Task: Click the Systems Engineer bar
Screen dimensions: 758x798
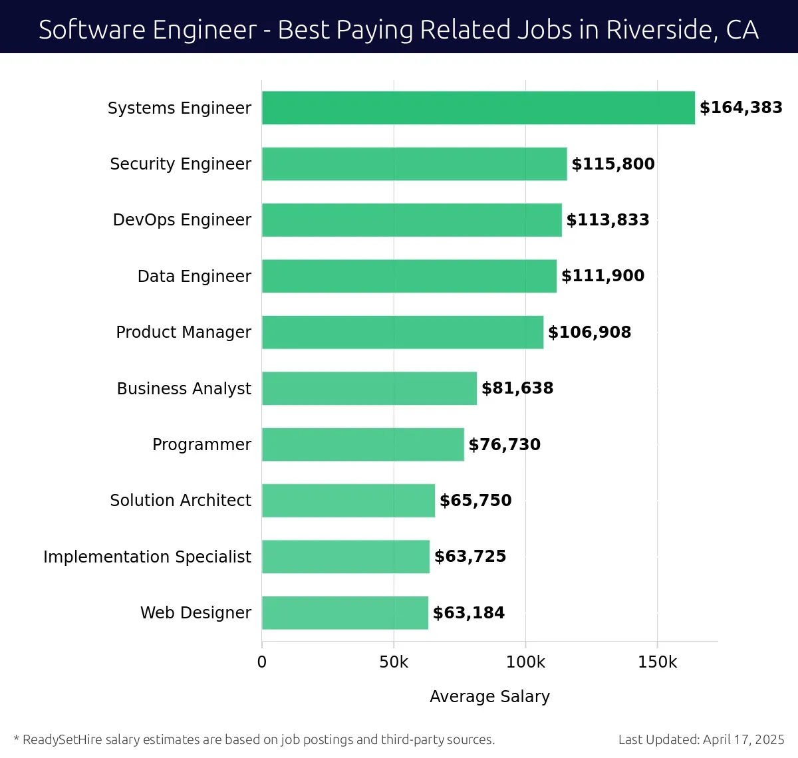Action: [478, 108]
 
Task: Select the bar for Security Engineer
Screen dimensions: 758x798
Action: [414, 164]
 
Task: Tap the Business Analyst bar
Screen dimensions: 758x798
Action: [369, 388]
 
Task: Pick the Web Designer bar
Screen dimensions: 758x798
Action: [344, 612]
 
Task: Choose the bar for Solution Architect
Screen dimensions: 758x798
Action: [348, 501]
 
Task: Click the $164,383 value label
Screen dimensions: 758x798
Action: [741, 108]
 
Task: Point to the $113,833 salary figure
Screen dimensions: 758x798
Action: [608, 220]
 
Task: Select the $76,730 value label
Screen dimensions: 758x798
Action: [505, 445]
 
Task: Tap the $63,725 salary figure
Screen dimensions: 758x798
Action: [470, 557]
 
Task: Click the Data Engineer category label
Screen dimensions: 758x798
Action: [194, 277]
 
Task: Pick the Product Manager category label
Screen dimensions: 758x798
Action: [184, 332]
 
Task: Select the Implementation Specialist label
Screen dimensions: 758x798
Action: [147, 557]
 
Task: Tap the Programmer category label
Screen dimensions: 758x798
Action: [201, 445]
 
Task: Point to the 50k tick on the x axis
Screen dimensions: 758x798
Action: [394, 662]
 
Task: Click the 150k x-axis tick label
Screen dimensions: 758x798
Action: [657, 662]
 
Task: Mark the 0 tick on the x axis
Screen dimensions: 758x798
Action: [262, 662]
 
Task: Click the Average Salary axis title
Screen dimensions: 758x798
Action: [489, 697]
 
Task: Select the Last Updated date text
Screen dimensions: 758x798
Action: [701, 740]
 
